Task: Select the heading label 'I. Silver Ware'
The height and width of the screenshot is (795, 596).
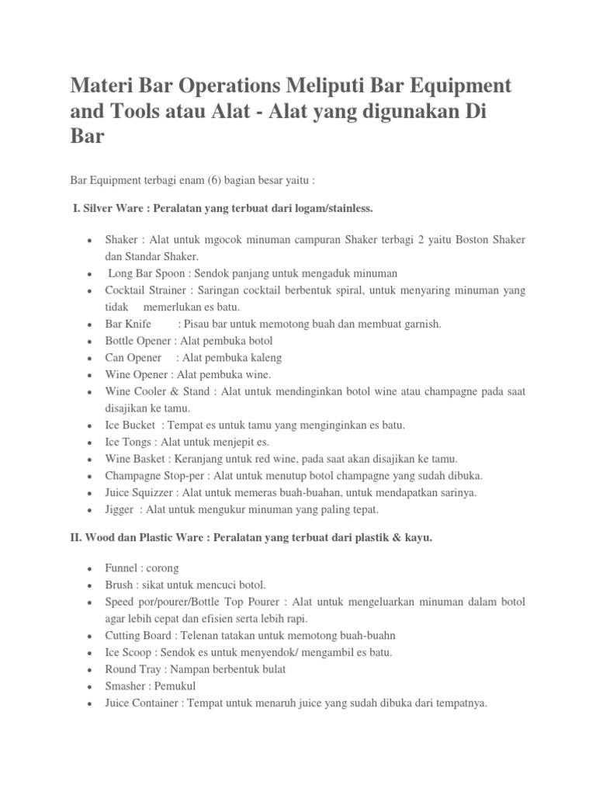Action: tap(105, 208)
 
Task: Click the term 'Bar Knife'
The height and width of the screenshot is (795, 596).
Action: tap(128, 324)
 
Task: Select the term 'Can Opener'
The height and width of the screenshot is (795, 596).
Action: tap(133, 358)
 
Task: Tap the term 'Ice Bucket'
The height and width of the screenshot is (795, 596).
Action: tap(131, 425)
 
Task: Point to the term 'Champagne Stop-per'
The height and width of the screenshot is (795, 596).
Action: tap(154, 475)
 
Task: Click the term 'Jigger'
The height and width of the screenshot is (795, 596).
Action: tap(121, 509)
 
